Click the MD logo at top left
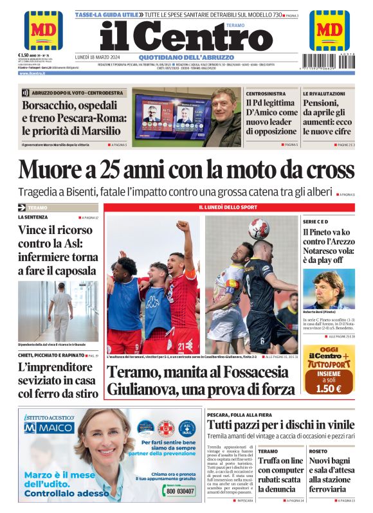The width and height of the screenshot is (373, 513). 43,30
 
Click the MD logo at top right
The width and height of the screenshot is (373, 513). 329,30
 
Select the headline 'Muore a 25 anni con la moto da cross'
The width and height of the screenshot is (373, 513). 186,170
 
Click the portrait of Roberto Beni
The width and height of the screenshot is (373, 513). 328,289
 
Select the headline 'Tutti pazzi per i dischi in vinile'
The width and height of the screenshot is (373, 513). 280,425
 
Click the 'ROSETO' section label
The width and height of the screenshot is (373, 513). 318,451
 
